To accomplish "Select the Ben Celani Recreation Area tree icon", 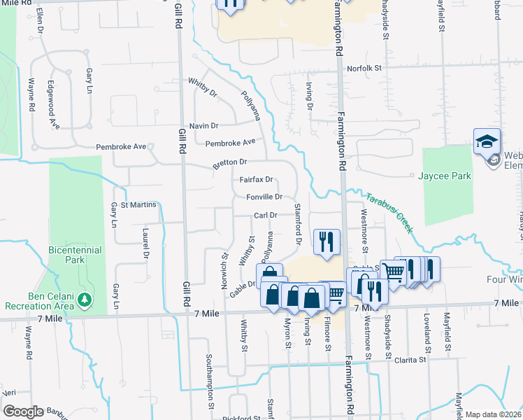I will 85,300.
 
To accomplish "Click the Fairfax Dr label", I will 255,180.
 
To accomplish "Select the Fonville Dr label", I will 264,197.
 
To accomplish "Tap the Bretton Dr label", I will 231,162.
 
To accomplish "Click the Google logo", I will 23,412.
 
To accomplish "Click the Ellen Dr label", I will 40,20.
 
